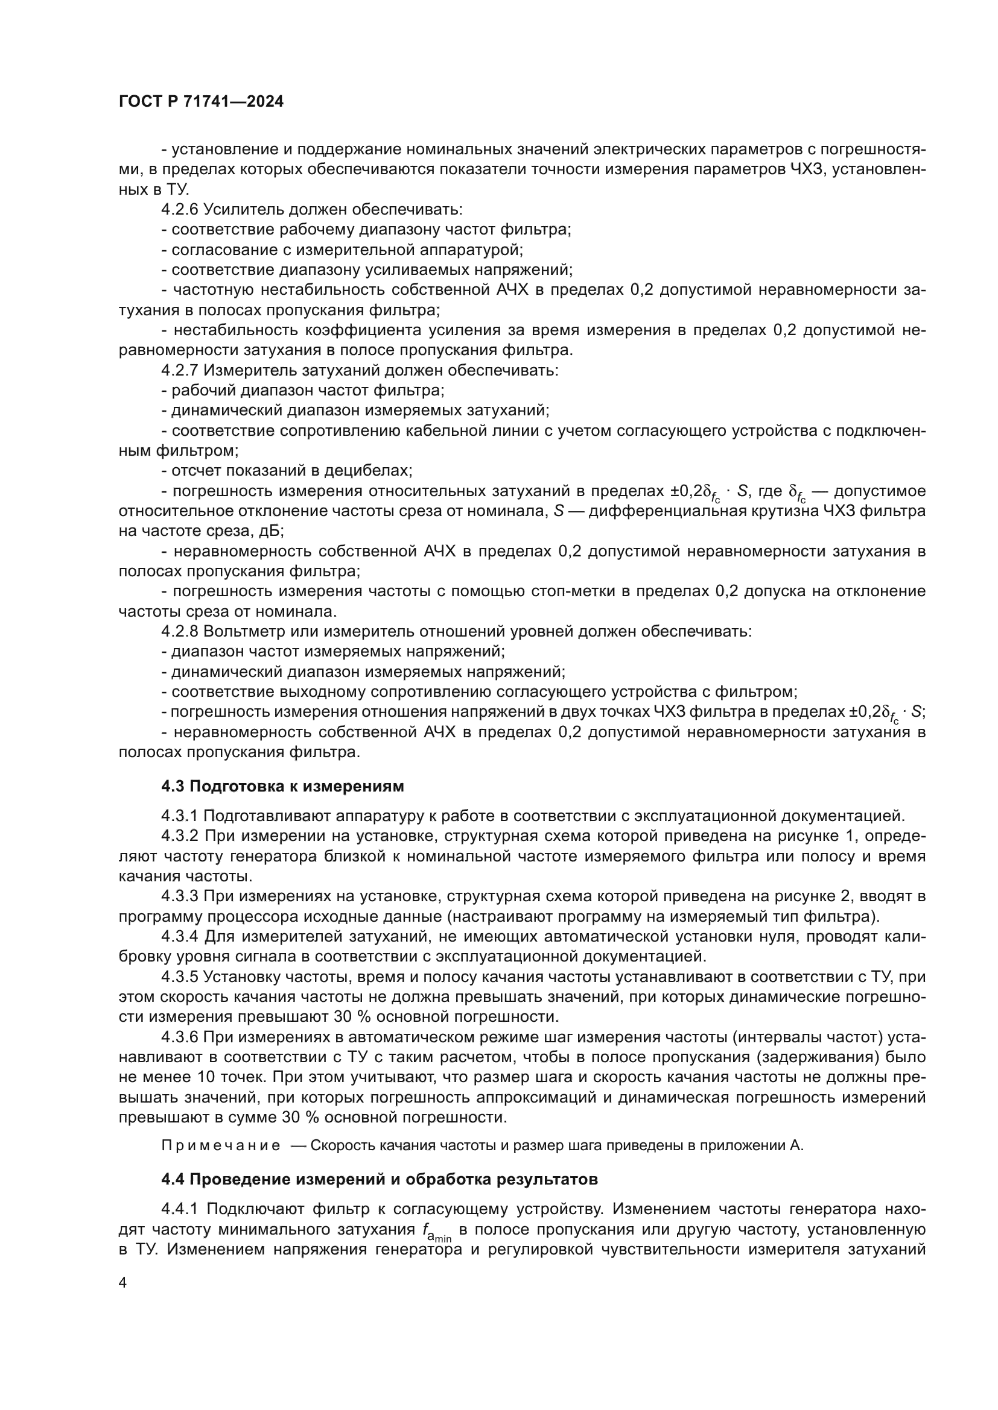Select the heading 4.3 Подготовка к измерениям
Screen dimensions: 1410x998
click(x=282, y=786)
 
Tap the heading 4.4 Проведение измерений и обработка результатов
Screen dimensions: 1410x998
click(x=379, y=1180)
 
